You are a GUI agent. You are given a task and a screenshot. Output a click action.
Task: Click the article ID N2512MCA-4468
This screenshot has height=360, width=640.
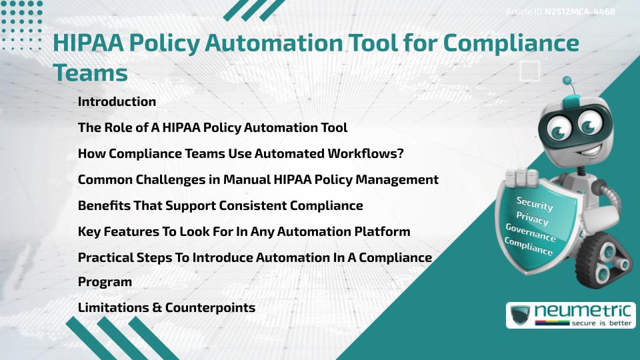(578, 12)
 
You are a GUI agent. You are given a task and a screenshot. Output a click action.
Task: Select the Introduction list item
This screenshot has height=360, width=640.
(117, 101)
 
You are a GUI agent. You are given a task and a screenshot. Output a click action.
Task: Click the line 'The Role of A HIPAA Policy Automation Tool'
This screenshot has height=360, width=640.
(213, 127)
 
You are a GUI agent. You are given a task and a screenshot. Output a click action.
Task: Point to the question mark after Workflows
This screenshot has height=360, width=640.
(400, 153)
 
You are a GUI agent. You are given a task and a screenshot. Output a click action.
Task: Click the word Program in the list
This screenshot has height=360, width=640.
(105, 282)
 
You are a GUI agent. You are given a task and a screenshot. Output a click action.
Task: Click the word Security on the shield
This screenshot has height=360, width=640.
(535, 203)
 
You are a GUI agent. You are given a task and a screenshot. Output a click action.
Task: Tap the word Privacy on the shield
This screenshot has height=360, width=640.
(532, 219)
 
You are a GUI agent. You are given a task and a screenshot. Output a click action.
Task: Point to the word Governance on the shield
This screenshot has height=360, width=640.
(531, 233)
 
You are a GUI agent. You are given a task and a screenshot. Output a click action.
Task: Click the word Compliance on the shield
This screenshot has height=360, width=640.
(529, 247)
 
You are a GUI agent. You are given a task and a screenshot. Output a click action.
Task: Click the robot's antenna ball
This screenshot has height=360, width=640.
(568, 81)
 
